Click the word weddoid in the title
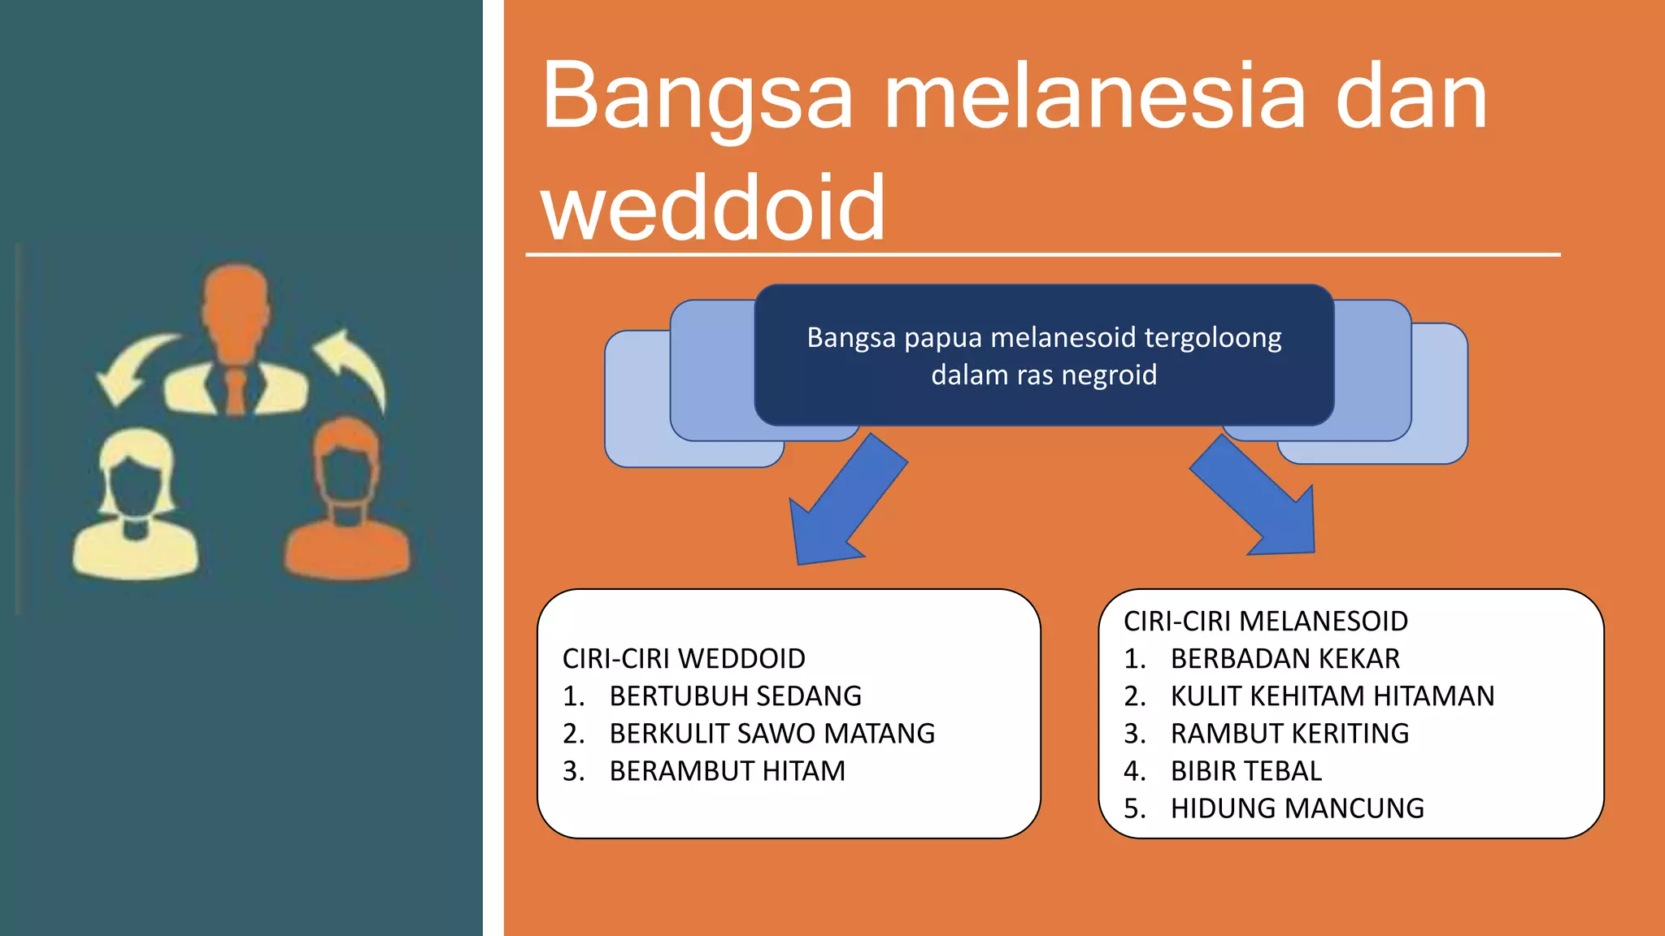(x=713, y=209)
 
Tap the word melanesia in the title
(x=1094, y=97)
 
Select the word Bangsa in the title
(x=698, y=97)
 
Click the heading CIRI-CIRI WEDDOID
(x=684, y=658)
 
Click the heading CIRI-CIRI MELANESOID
(x=1265, y=621)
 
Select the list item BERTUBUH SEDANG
(x=735, y=695)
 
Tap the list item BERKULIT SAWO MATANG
(x=772, y=733)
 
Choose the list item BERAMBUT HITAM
(x=727, y=770)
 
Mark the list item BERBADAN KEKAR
(x=1285, y=658)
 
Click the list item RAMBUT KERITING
(x=1289, y=733)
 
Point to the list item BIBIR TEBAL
(x=1245, y=770)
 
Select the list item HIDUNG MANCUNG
(x=1297, y=808)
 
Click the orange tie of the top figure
(x=235, y=391)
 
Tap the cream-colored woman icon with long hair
(x=135, y=508)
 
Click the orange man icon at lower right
(x=348, y=504)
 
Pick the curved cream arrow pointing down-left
(x=132, y=365)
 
